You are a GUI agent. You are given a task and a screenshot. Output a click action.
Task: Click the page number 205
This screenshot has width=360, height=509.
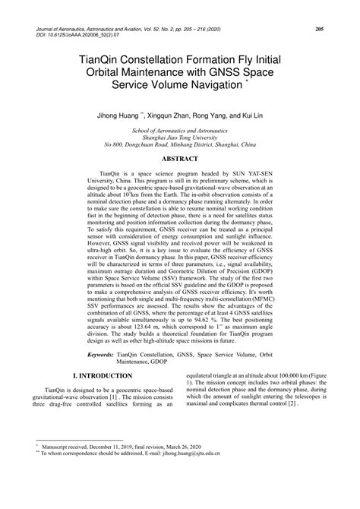point(320,29)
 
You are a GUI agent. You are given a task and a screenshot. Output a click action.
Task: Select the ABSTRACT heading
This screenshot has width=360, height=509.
point(180,159)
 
